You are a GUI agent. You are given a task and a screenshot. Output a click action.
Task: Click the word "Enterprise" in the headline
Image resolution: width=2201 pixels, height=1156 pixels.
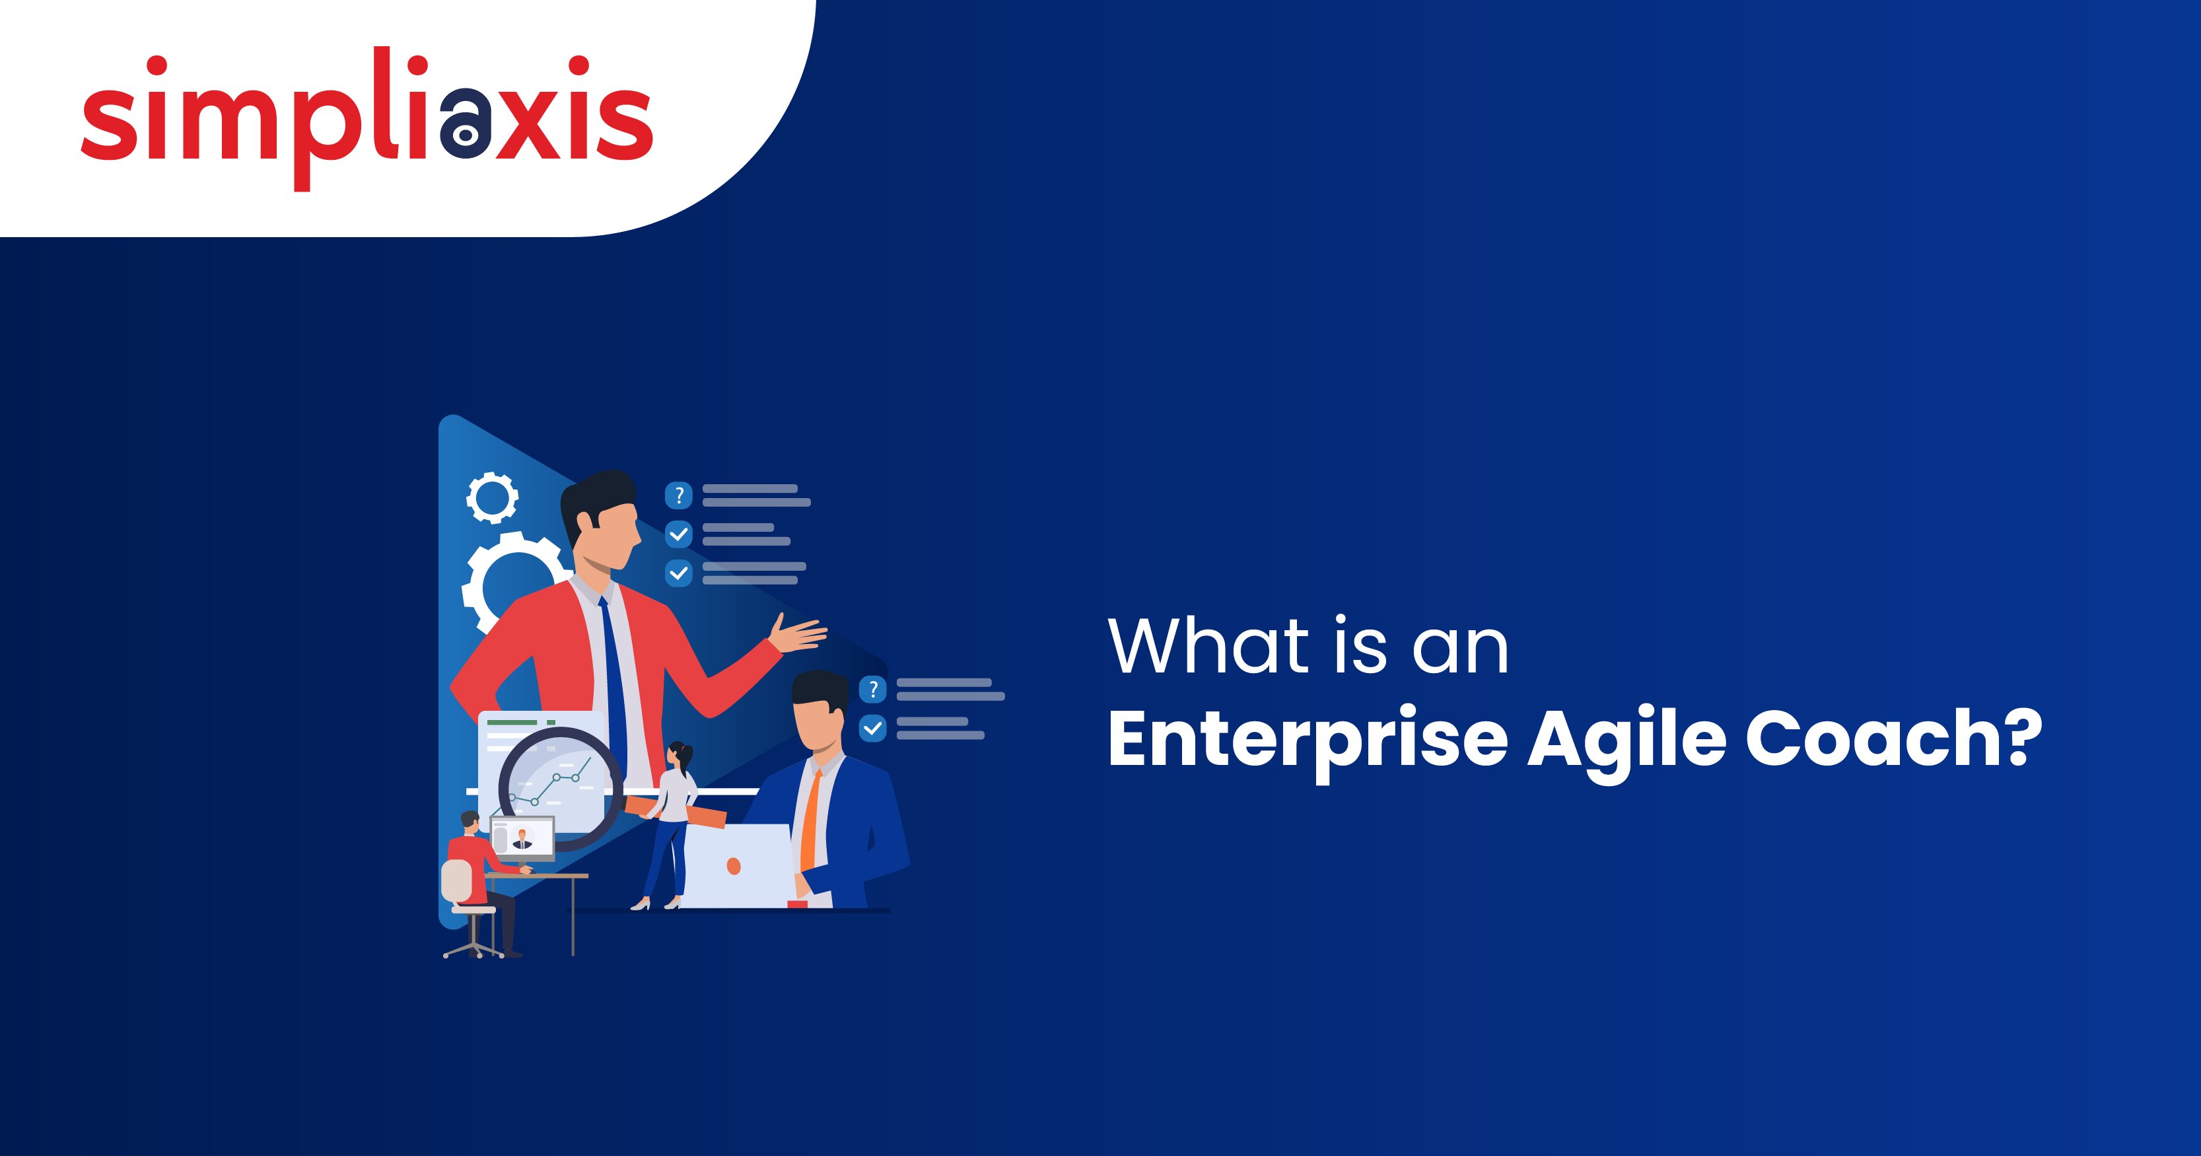click(1308, 739)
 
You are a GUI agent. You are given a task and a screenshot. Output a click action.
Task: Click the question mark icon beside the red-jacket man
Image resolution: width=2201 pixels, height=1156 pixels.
click(678, 495)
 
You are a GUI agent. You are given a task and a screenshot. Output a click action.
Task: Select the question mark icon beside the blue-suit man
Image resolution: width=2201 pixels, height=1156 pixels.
click(872, 688)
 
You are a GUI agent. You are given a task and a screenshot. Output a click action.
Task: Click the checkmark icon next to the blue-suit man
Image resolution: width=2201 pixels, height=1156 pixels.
click(872, 728)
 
